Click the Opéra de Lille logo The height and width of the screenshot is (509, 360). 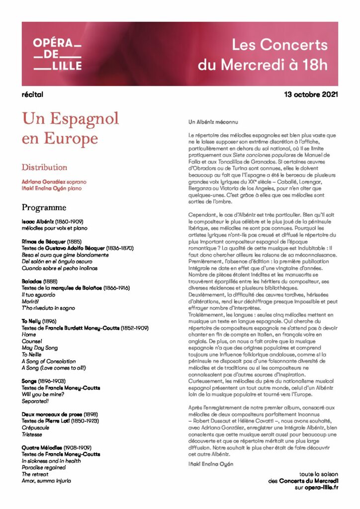[57, 54]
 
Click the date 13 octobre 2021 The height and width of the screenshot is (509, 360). [311, 94]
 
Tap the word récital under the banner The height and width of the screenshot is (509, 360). [33, 94]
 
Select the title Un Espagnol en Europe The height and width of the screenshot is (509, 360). [70, 128]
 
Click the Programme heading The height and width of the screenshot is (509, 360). [44, 207]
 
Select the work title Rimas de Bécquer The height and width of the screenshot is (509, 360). [44, 241]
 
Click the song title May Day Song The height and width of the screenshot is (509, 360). [40, 348]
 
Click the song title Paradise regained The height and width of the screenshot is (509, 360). [44, 467]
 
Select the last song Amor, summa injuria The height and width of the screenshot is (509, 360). [46, 481]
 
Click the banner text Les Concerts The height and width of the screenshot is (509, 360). [279, 45]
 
